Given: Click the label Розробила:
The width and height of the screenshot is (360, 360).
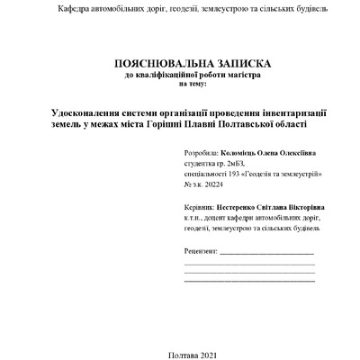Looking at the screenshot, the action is (x=202, y=154).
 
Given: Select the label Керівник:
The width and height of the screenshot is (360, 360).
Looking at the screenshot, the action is (x=202, y=206).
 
